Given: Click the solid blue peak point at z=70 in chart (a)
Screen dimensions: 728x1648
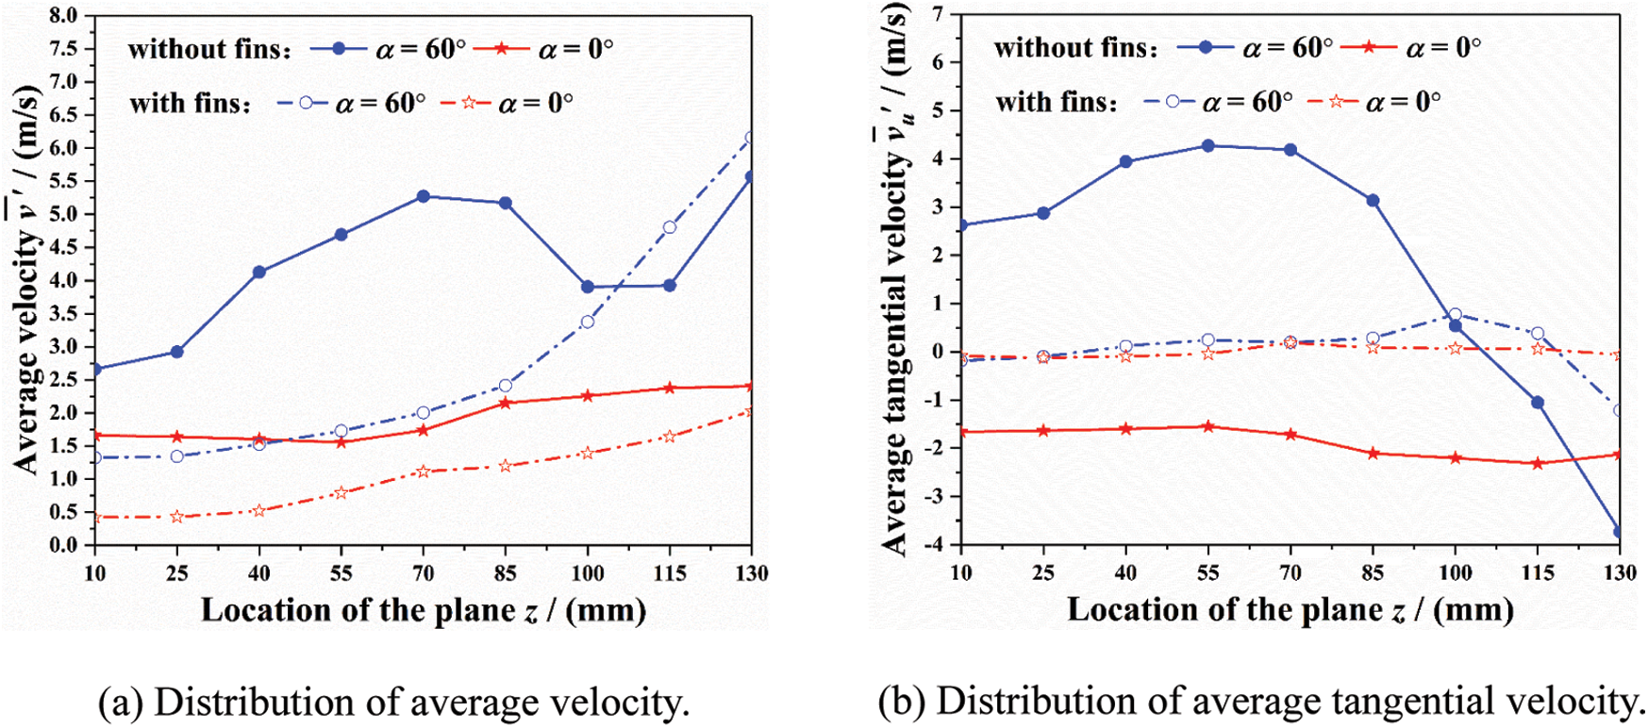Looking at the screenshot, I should pyautogui.click(x=423, y=196).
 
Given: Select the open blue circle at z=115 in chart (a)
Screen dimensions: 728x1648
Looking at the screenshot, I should pyautogui.click(x=670, y=227).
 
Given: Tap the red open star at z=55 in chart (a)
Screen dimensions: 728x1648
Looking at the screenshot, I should pyautogui.click(x=341, y=492).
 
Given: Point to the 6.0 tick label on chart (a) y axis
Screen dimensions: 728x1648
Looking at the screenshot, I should pyautogui.click(x=64, y=148).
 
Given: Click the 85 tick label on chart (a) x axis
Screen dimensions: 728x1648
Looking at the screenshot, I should pyautogui.click(x=506, y=573).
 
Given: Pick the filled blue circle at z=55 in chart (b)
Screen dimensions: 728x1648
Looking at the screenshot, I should pyautogui.click(x=1207, y=145).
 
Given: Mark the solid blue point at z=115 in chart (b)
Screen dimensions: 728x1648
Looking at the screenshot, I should pyautogui.click(x=1538, y=403).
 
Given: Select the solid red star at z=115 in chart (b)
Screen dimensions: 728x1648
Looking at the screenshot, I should pyautogui.click(x=1538, y=463).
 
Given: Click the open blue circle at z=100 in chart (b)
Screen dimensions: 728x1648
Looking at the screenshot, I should pyautogui.click(x=1455, y=315).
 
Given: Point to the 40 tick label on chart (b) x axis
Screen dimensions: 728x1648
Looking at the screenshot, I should pyautogui.click(x=1125, y=572).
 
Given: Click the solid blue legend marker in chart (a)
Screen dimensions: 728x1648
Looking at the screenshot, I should pyautogui.click(x=339, y=49).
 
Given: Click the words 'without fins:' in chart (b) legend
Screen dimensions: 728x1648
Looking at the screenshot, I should pyautogui.click(x=1075, y=48).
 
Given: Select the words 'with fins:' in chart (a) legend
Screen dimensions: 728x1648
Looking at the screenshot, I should pyautogui.click(x=191, y=103).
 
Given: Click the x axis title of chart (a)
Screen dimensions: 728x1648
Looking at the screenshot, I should pyautogui.click(x=424, y=610).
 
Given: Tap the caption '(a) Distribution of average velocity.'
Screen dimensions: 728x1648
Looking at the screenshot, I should pyautogui.click(x=394, y=703).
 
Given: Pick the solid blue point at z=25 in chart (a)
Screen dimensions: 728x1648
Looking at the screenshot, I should pyautogui.click(x=176, y=352).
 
